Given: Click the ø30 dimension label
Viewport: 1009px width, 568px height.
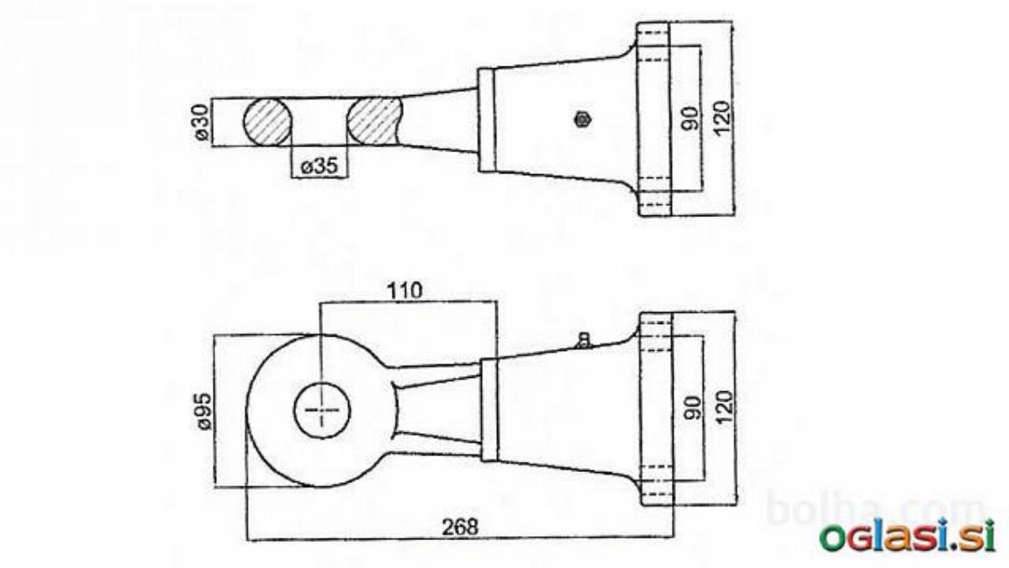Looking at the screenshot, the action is tap(203, 122).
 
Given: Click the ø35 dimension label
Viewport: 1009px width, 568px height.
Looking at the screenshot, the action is tap(320, 166).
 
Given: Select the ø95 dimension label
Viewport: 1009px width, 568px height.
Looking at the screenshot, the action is tap(204, 411).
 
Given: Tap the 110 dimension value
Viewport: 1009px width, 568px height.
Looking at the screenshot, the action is tap(405, 291).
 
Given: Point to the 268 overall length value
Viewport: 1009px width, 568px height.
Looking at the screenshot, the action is tap(460, 527).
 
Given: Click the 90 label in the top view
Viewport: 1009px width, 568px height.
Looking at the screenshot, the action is tap(689, 118).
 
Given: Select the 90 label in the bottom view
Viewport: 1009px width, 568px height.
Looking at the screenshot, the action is tap(692, 408).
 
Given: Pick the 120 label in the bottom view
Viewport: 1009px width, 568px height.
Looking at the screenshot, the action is tap(724, 408).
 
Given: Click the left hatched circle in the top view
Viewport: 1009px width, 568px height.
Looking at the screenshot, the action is tap(267, 121).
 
